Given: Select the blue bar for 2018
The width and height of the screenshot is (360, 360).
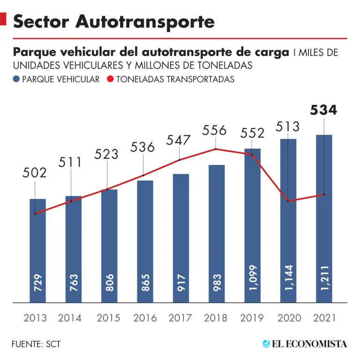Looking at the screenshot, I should [x=217, y=234].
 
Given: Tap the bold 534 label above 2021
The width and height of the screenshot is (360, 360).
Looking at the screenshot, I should [x=323, y=111].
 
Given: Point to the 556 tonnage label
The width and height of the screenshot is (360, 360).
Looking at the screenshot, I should [x=215, y=130].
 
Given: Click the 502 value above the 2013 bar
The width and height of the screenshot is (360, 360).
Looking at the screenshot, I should [x=35, y=173].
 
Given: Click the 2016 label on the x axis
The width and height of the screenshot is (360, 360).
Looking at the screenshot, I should [x=145, y=318].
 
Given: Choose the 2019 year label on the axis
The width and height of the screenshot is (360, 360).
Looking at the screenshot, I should [x=252, y=318].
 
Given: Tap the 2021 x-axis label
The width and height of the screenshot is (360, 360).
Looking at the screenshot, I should [x=324, y=318].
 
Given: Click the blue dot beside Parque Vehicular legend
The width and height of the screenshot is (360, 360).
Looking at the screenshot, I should [x=16, y=80].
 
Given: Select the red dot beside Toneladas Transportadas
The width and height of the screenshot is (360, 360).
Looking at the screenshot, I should [x=110, y=80].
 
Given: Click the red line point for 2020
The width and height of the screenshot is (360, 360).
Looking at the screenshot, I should [x=288, y=201].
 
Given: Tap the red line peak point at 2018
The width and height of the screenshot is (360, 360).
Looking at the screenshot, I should [x=216, y=149].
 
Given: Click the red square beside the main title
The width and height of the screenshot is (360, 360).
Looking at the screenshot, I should [x=3, y=21].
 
